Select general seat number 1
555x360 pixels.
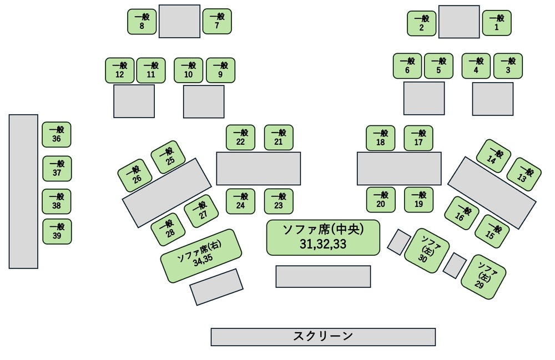tap(497, 23)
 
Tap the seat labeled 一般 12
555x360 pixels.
tap(120, 70)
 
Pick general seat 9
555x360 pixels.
tap(220, 70)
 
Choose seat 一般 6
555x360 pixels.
tap(407, 66)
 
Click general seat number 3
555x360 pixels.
tap(508, 66)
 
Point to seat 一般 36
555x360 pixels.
tap(57, 135)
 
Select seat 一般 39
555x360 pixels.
tap(57, 231)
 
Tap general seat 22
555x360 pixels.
tap(240, 138)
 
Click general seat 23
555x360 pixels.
tap(279, 201)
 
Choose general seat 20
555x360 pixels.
tap(381, 200)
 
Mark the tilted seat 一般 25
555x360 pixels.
tap(168, 158)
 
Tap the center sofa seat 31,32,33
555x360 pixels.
tap(323, 237)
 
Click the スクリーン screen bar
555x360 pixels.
tap(323, 337)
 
